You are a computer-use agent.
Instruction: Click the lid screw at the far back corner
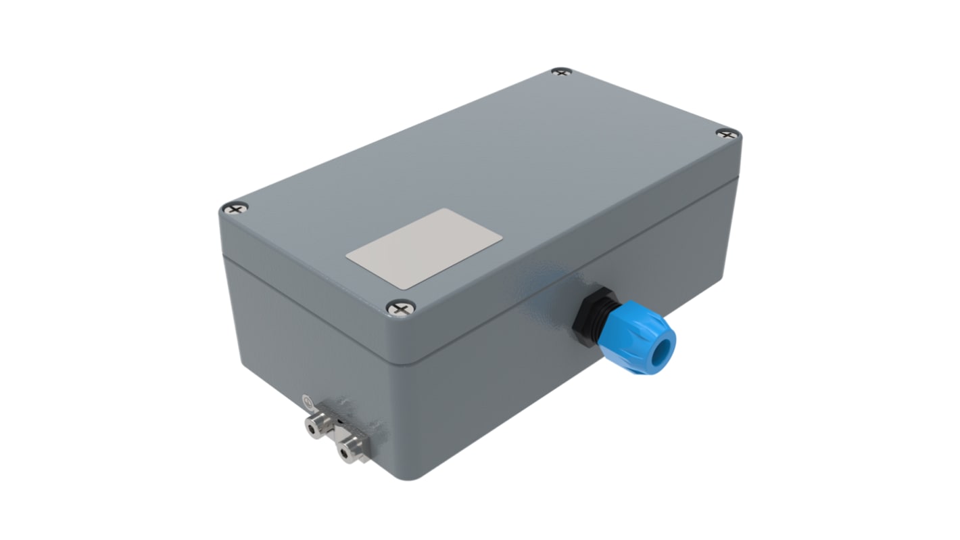561,71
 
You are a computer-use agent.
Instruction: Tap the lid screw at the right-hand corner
727,133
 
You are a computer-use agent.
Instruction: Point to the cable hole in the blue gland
667,351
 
